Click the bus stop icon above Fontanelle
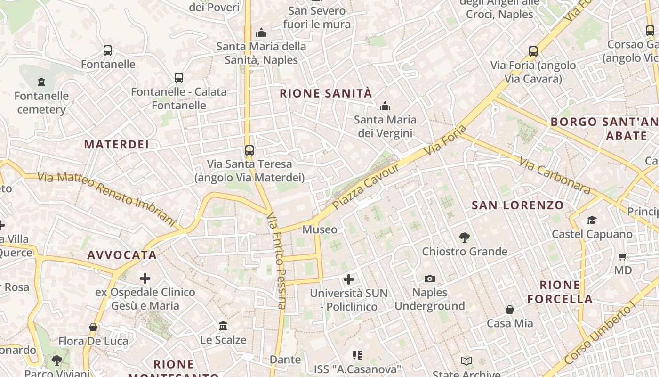click(x=108, y=50)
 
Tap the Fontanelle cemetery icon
click(x=41, y=82)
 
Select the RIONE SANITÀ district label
click(x=326, y=93)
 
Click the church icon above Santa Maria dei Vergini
click(x=385, y=106)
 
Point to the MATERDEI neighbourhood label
click(x=116, y=144)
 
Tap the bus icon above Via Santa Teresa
click(x=249, y=150)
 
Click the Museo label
click(x=320, y=229)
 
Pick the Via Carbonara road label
click(x=555, y=175)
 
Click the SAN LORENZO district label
click(x=517, y=205)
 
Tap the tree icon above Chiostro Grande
click(x=465, y=238)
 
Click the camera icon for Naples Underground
click(x=429, y=279)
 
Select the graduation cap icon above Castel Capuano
click(x=592, y=220)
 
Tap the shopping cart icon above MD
click(x=623, y=257)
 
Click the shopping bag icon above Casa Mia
click(x=510, y=310)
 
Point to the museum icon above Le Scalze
click(x=223, y=326)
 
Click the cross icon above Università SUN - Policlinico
click(x=349, y=279)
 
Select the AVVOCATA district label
click(x=122, y=255)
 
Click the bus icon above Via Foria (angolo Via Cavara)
click(x=533, y=51)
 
